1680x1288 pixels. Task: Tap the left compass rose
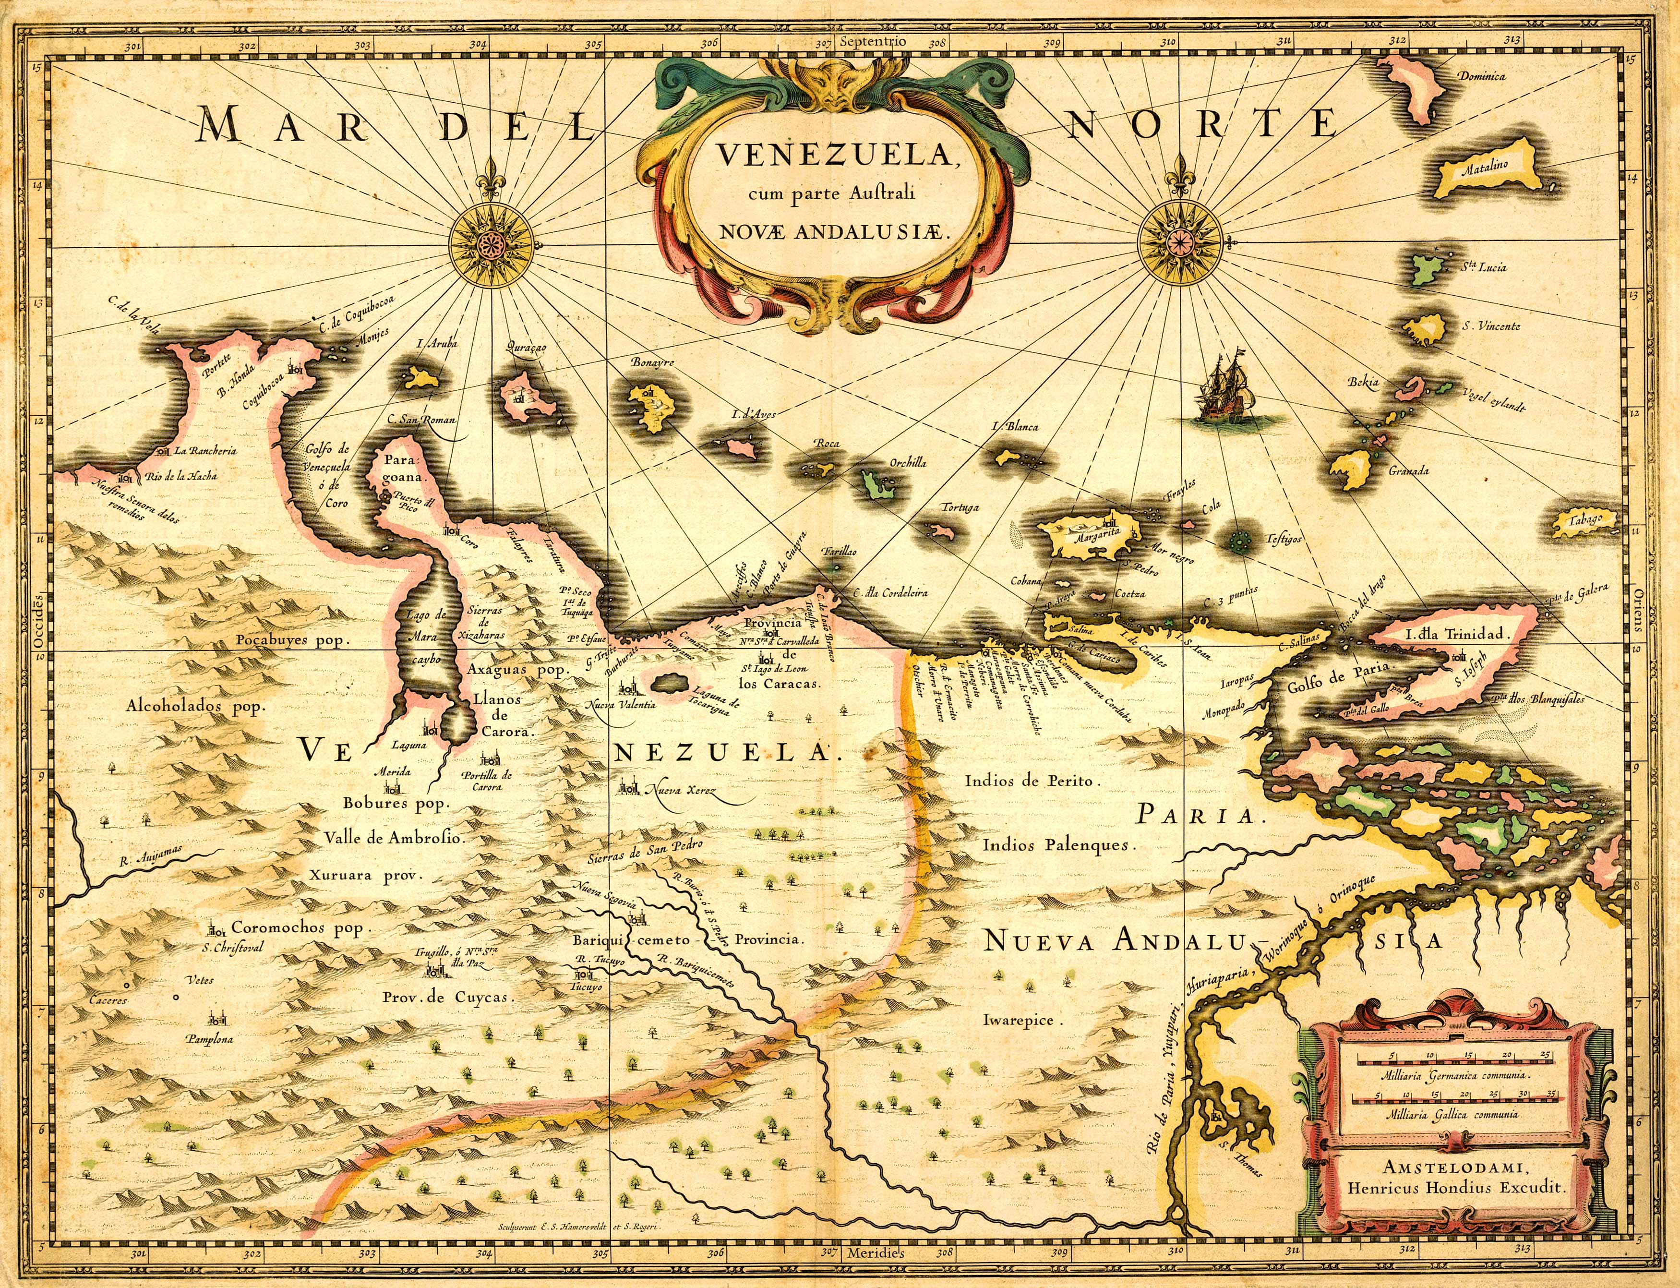[x=490, y=243]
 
